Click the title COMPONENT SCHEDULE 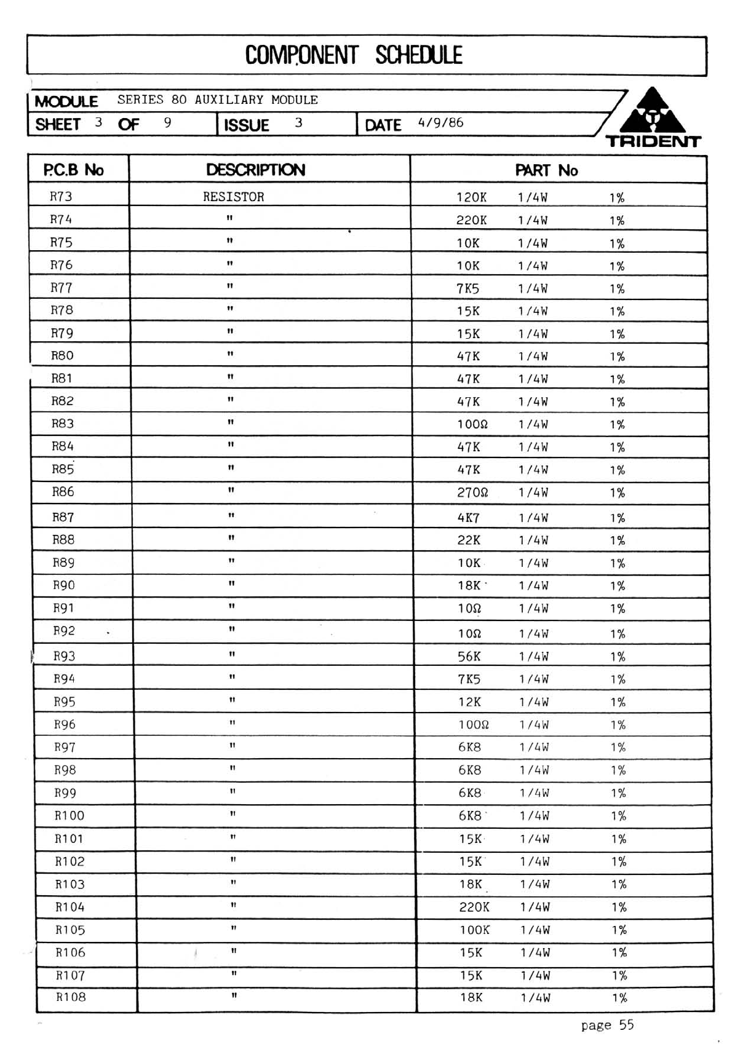pos(354,55)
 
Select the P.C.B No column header pos(73,170)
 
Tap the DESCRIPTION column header pos(255,170)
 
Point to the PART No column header pos(546,170)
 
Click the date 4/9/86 pos(440,122)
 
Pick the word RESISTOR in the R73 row pos(233,197)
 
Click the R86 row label pos(63,492)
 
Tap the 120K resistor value pos(471,197)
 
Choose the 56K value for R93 pos(469,657)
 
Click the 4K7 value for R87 pos(468,518)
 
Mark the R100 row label pos(70,816)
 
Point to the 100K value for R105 pos(474,930)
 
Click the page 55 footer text pos(607,1025)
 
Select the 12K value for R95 pos(469,702)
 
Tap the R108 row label pos(71,997)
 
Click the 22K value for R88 pos(469,540)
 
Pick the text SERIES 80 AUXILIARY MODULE pos(218,100)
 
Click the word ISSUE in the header pos(246,125)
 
